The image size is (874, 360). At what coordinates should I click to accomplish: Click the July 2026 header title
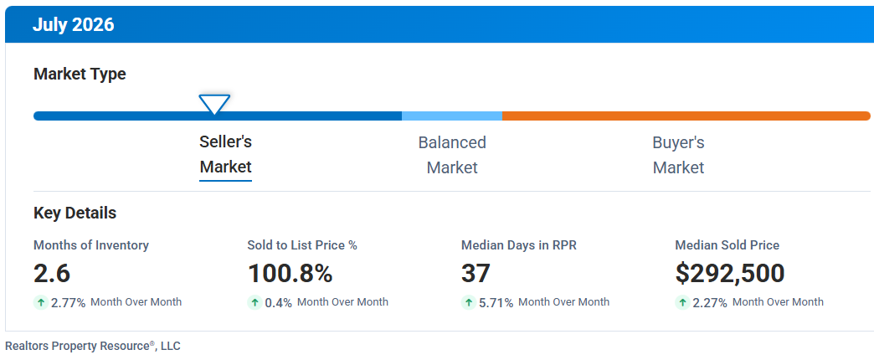pos(73,25)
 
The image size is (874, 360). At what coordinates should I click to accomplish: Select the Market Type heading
pos(80,75)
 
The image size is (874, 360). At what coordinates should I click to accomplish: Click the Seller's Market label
pos(226,154)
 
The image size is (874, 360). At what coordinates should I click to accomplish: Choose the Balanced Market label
pos(452,155)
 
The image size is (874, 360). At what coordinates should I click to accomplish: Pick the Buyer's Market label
pos(678,155)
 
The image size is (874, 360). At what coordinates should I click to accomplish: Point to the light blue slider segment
pos(452,116)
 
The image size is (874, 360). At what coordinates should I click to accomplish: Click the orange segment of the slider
pos(686,116)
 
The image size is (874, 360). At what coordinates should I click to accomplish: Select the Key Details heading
pos(75,213)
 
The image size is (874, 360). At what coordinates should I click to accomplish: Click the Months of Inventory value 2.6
pos(52,274)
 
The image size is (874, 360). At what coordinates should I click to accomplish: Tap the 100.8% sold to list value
pos(290,274)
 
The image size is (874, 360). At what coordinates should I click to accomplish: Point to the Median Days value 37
pos(476,274)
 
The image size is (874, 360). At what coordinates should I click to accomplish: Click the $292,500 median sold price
pos(730,274)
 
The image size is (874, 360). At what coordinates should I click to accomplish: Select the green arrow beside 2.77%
pos(41,302)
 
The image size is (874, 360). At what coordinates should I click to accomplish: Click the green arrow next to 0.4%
pos(254,302)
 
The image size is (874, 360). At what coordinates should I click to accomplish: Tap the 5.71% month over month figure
pos(496,303)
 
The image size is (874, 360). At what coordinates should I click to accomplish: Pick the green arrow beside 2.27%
pos(682,302)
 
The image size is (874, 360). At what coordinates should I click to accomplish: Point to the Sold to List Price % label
pos(302,245)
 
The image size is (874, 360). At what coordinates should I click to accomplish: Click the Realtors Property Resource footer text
pos(93,346)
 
